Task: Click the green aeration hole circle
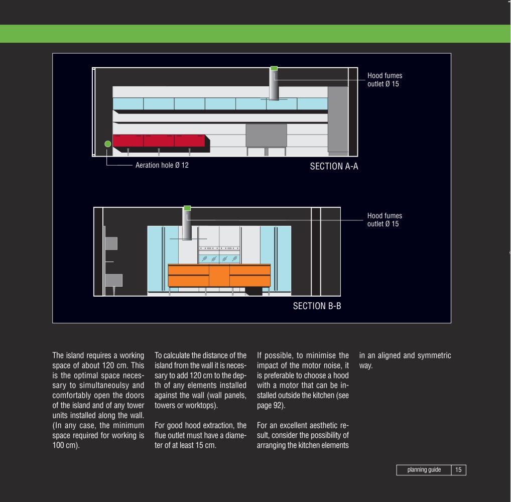pyautogui.click(x=108, y=144)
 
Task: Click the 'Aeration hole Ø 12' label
pyautogui.click(x=162, y=165)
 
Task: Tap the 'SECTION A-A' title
pyautogui.click(x=334, y=167)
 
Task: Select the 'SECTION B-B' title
pyautogui.click(x=317, y=306)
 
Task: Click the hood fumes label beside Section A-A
pyautogui.click(x=385, y=80)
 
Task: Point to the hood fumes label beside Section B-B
pyautogui.click(x=385, y=220)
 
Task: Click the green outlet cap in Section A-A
pyautogui.click(x=274, y=68)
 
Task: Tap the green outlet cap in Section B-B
pyautogui.click(x=187, y=208)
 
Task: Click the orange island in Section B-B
pyautogui.click(x=219, y=276)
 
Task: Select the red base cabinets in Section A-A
pyautogui.click(x=159, y=141)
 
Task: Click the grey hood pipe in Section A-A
pyautogui.click(x=274, y=85)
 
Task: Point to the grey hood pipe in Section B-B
pyautogui.click(x=187, y=225)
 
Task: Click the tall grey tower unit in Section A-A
pyautogui.click(x=338, y=121)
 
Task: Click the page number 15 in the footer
pyautogui.click(x=458, y=470)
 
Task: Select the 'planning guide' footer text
pyautogui.click(x=424, y=470)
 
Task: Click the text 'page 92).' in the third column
pyautogui.click(x=271, y=406)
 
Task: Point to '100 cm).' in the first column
pyautogui.click(x=66, y=445)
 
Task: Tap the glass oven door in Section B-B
pyautogui.click(x=219, y=259)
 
